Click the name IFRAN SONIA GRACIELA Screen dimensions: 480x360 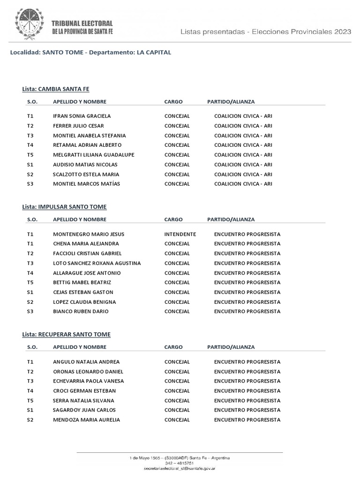(82, 116)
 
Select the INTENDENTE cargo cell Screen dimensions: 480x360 (180, 234)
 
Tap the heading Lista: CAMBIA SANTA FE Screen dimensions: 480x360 (56, 89)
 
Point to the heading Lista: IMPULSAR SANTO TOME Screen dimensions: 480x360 (64, 207)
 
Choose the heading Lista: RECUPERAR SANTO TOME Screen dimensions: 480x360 (67, 334)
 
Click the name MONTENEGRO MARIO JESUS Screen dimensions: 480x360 (89, 234)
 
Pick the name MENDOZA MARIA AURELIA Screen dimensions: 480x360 (87, 420)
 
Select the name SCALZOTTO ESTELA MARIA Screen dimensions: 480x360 (86, 174)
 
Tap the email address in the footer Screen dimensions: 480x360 (180, 468)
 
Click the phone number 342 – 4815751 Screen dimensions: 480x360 (180, 463)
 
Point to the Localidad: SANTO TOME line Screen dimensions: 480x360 (91, 52)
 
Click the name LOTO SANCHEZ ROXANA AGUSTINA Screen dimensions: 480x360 (97, 263)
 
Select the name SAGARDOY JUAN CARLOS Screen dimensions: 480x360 (84, 410)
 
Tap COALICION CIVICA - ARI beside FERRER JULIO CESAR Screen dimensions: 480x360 (243, 126)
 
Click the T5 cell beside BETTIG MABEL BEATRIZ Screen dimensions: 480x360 (30, 282)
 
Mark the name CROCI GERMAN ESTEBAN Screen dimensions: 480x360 (84, 390)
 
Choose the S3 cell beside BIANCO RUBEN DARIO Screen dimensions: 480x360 (30, 311)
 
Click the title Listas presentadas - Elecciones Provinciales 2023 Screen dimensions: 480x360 (266, 32)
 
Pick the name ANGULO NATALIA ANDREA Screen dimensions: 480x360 (86, 362)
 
